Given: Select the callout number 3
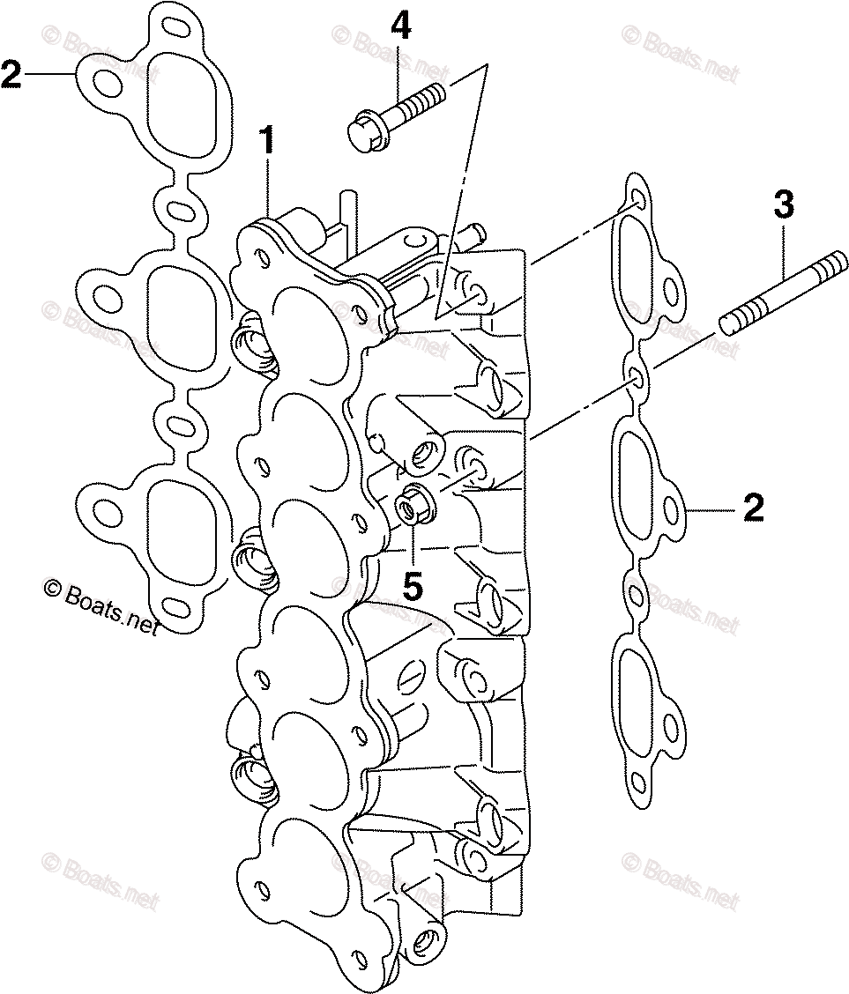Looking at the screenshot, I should point(783,207).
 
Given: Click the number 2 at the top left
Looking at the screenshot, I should point(11,76).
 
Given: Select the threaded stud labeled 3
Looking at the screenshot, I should point(777,292).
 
